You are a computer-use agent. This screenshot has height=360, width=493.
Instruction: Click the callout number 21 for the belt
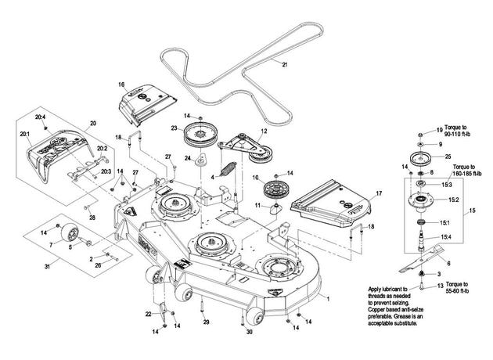285,65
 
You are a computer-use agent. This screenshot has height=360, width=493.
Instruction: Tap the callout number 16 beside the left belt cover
121,85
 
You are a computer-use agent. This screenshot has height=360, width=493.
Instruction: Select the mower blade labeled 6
421,259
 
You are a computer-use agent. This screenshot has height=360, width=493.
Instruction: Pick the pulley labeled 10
276,190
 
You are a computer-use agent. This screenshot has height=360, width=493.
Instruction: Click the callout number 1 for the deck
328,299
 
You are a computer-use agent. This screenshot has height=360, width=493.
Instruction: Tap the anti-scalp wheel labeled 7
70,234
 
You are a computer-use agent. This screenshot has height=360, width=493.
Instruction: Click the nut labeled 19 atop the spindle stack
421,135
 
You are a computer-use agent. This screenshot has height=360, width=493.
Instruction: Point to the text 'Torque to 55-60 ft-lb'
457,288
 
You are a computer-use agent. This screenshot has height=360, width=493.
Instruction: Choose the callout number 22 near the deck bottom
149,314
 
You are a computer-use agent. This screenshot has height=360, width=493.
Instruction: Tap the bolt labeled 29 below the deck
202,307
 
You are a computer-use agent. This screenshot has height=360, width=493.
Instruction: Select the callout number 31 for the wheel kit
47,267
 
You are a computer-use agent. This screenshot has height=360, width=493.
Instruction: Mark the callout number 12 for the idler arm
264,131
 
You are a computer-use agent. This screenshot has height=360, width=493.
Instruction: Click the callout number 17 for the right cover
379,193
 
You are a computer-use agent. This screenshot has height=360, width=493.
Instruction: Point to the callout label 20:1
24,134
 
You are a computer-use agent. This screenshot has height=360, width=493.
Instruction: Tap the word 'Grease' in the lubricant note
401,318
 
